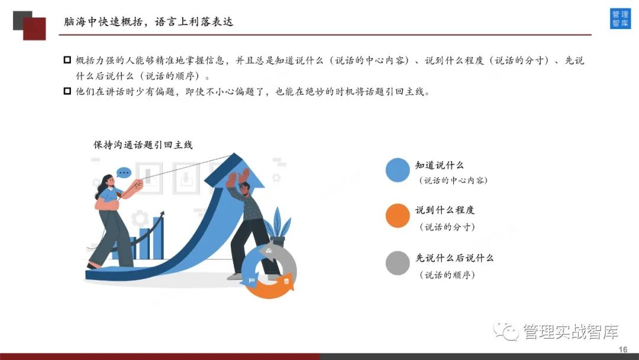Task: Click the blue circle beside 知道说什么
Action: tap(398, 170)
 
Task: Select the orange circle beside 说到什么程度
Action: tap(398, 216)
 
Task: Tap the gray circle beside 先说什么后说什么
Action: tap(398, 263)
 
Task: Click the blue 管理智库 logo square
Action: tap(620, 18)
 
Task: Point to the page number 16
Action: tap(622, 349)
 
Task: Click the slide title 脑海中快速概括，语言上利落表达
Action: tap(149, 21)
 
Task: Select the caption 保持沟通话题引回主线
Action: tap(143, 144)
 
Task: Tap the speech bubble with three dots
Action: tap(124, 173)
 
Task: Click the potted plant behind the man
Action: tap(278, 226)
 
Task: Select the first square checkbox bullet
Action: tap(67, 60)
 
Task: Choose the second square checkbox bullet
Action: tap(67, 91)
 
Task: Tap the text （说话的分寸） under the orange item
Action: tap(447, 227)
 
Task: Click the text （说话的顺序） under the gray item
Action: tap(447, 275)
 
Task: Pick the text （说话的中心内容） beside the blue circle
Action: tap(453, 180)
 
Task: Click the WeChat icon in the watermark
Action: tap(506, 331)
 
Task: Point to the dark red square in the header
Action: tap(34, 28)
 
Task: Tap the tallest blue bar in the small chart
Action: tap(158, 237)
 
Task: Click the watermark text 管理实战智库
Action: tap(570, 332)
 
